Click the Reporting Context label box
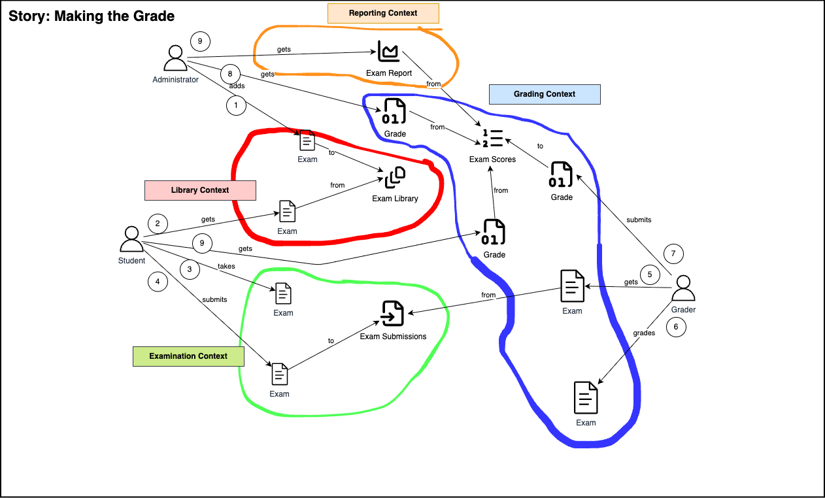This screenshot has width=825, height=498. (383, 13)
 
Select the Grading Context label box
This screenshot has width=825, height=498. (545, 94)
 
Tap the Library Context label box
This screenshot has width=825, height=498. (200, 190)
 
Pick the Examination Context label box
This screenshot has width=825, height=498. (188, 356)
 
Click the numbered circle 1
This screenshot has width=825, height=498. (236, 105)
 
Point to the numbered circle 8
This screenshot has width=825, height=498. (230, 74)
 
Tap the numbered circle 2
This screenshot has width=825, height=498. (158, 224)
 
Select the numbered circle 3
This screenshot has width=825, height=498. (190, 269)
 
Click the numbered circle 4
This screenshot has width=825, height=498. (158, 282)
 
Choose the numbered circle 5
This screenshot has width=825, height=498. (650, 274)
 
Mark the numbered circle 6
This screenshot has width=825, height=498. (676, 327)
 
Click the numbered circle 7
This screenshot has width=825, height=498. (673, 254)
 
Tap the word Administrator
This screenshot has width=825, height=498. (175, 80)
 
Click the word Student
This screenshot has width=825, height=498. (131, 261)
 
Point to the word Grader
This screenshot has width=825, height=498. (683, 310)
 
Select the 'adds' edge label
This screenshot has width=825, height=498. (237, 86)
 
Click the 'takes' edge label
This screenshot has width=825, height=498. (226, 267)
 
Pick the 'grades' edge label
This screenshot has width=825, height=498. (644, 333)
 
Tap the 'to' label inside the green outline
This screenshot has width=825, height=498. (331, 340)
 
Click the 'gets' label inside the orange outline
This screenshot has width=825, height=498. (284, 49)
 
